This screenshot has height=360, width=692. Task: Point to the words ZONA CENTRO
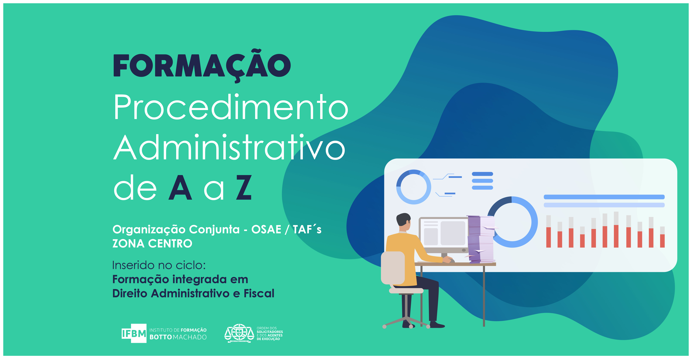[x=152, y=243]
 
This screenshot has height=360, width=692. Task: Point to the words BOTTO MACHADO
[x=178, y=337]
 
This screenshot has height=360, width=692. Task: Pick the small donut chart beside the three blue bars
[x=414, y=187]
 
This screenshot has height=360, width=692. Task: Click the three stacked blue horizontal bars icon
[x=482, y=181]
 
